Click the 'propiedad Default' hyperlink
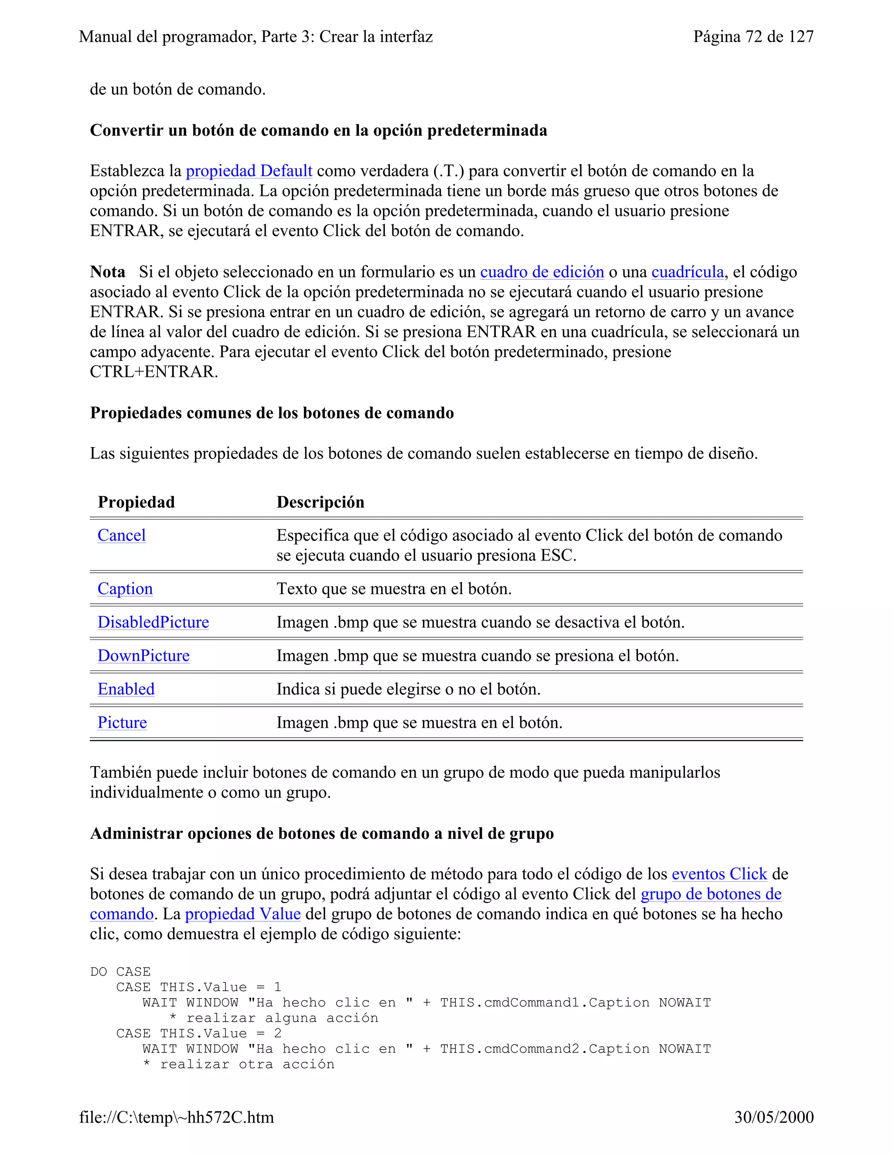pos(249,171)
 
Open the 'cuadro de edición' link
pos(542,272)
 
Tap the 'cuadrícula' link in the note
pos(687,272)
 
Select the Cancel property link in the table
pos(122,535)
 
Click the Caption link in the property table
pos(125,588)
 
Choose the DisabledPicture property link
pos(153,622)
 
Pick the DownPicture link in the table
pos(143,656)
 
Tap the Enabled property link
pos(126,689)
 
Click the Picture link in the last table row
pos(122,722)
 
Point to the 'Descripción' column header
pos(320,502)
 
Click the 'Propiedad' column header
pos(136,502)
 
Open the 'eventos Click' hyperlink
pos(719,874)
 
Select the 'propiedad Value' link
pos(243,914)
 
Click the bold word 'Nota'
pos(107,272)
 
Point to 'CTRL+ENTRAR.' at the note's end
pos(153,372)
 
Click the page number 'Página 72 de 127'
pos(753,37)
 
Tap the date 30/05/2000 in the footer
pos(774,1117)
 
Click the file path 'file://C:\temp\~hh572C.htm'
pos(176,1117)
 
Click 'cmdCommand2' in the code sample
pos(532,1049)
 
